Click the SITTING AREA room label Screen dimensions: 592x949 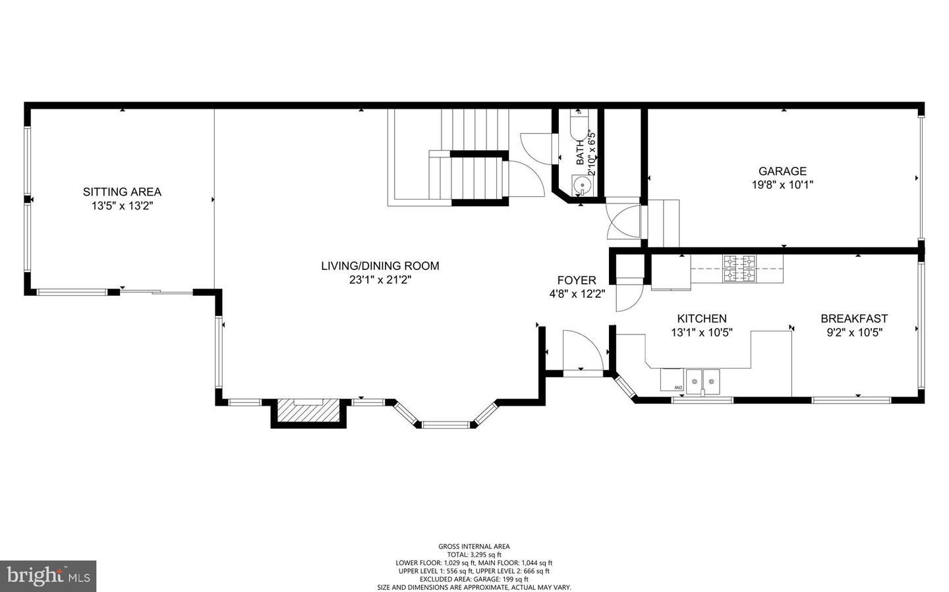pyautogui.click(x=122, y=192)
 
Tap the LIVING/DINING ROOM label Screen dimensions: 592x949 pyautogui.click(x=380, y=266)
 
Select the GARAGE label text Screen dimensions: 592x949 pyautogui.click(x=782, y=171)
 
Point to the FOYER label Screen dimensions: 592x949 pyautogui.click(x=577, y=281)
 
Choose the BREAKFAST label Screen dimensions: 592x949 pyautogui.click(x=854, y=319)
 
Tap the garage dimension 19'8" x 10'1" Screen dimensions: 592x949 pyautogui.click(x=782, y=185)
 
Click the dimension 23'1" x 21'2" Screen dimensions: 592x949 pyautogui.click(x=380, y=280)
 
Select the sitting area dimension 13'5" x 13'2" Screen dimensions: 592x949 pyautogui.click(x=122, y=206)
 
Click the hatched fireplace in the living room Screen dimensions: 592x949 pyautogui.click(x=308, y=412)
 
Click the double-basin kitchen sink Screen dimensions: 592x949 pyautogui.click(x=703, y=381)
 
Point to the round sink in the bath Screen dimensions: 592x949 pyautogui.click(x=581, y=185)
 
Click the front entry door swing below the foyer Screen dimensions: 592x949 pyautogui.click(x=582, y=352)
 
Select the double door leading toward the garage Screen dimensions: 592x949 pyautogui.click(x=623, y=221)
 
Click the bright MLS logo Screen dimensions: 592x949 pyautogui.click(x=47, y=576)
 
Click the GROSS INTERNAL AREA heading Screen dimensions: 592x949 pyautogui.click(x=474, y=546)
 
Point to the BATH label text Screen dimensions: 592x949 pyautogui.click(x=580, y=152)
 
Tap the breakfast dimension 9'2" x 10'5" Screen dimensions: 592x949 pyautogui.click(x=854, y=333)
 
